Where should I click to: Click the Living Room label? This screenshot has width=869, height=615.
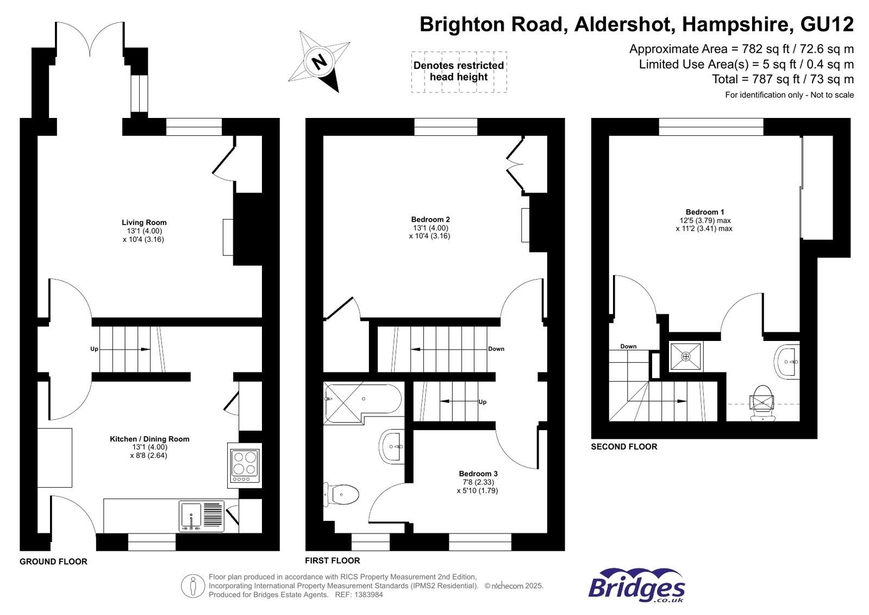[144, 222]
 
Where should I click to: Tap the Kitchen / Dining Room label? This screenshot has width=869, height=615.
[149, 439]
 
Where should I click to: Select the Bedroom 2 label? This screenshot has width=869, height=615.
[430, 220]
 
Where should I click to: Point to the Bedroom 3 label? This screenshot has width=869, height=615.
[478, 474]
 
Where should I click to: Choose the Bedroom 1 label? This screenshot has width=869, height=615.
[704, 212]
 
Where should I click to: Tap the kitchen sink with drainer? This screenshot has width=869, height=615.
[202, 515]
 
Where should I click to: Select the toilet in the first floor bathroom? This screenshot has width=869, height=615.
[342, 495]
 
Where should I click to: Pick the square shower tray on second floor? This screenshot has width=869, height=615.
[685, 357]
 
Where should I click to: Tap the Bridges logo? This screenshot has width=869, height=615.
[636, 586]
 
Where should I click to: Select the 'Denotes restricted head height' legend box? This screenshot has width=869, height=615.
[459, 71]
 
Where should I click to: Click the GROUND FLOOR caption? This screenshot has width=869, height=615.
[53, 562]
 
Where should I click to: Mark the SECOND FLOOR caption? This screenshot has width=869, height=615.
[624, 446]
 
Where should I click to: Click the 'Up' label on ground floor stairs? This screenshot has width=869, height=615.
[94, 349]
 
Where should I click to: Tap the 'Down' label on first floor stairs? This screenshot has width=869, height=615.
[496, 349]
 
